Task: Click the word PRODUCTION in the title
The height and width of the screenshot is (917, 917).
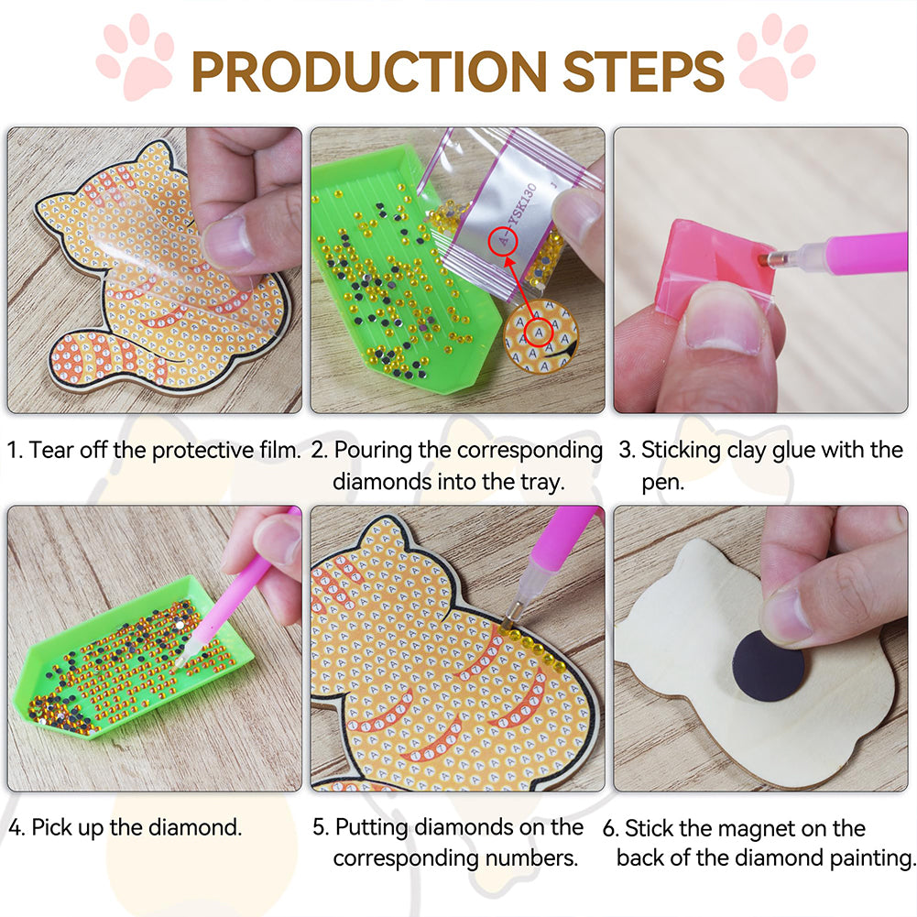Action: (369, 71)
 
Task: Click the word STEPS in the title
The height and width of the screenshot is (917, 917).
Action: (643, 71)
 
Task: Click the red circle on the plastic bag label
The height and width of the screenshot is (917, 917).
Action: (503, 240)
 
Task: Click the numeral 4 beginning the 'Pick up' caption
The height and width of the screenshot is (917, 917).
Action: (16, 827)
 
